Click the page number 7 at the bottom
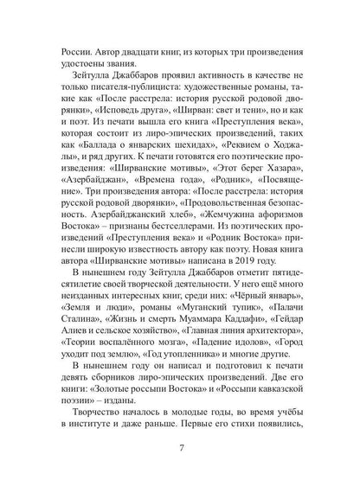pyautogui.click(x=180, y=449)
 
